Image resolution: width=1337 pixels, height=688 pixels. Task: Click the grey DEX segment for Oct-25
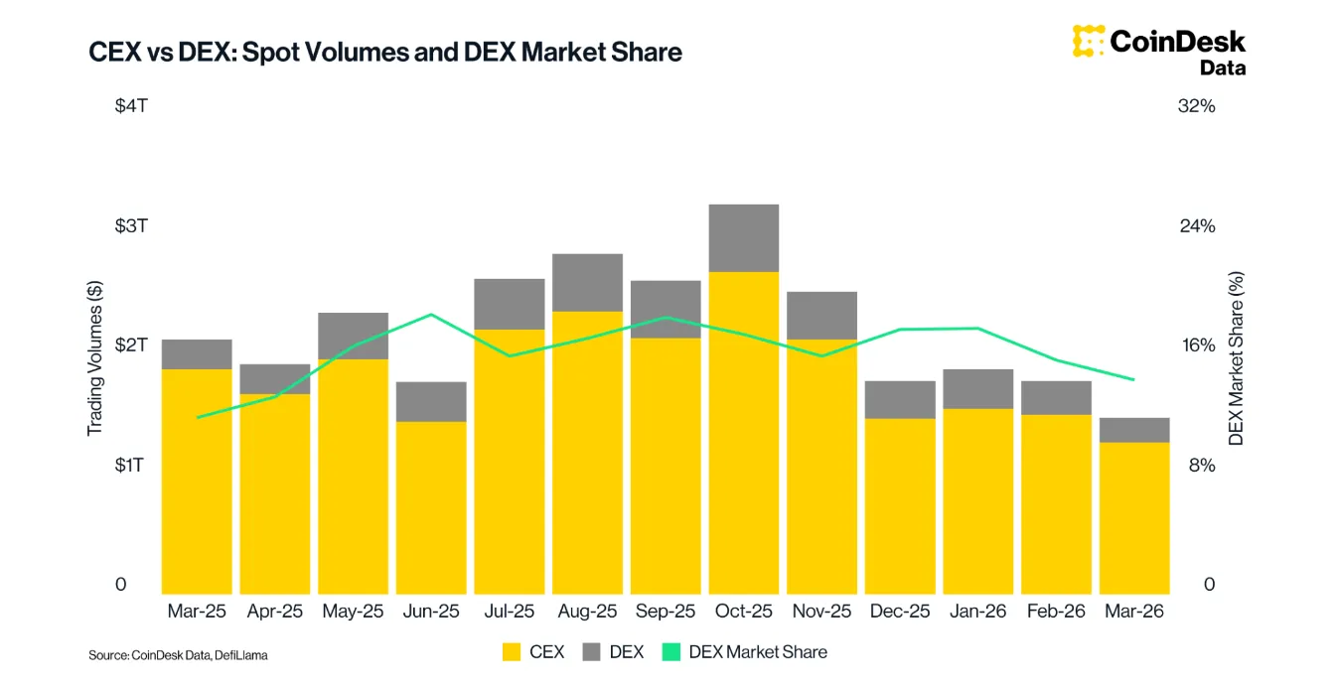click(x=743, y=238)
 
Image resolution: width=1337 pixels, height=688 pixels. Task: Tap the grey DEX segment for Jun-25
click(x=431, y=401)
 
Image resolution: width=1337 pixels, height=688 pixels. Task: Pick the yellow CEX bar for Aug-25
click(x=587, y=452)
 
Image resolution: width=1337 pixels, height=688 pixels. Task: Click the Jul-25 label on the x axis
click(x=509, y=612)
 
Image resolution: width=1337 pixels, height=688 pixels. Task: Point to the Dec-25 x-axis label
click(x=900, y=612)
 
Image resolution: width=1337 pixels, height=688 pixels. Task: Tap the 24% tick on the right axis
click(x=1196, y=225)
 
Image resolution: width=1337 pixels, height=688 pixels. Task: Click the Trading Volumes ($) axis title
click(x=95, y=358)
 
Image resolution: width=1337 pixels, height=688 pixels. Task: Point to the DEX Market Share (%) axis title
click(x=1237, y=358)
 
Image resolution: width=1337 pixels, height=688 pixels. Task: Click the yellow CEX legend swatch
click(x=512, y=652)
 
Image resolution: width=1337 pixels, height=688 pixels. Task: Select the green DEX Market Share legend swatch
click(x=671, y=652)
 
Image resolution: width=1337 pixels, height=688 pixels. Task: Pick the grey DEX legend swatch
click(x=592, y=652)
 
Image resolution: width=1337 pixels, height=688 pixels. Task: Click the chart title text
click(x=385, y=52)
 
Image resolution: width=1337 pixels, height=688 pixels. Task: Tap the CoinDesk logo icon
click(x=1089, y=41)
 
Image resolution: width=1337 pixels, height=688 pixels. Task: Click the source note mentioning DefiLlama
click(x=178, y=655)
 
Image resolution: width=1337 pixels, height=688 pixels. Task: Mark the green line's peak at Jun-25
click(x=431, y=315)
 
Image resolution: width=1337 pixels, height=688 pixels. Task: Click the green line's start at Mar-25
click(x=198, y=417)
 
